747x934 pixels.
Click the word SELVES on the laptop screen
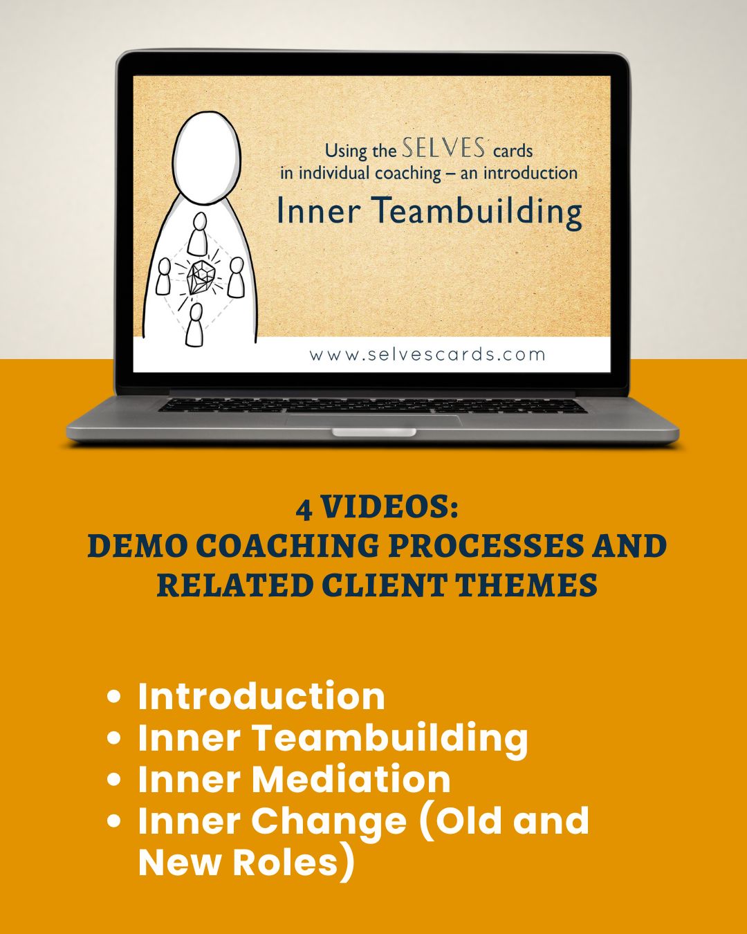pos(443,147)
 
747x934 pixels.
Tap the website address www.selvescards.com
pos(427,355)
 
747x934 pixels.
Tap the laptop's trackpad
pos(373,420)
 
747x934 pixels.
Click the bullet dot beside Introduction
pos(113,697)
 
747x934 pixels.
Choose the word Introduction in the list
pos(261,696)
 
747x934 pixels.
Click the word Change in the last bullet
pos(329,823)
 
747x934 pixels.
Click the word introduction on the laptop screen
pos(531,173)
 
